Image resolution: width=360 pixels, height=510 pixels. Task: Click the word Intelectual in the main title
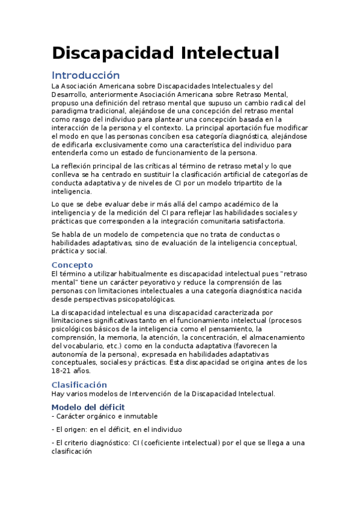click(x=230, y=53)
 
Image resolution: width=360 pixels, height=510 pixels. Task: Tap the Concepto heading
click(x=72, y=265)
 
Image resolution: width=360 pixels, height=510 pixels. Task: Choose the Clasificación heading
click(x=79, y=384)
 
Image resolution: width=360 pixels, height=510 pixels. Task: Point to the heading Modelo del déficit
click(x=88, y=407)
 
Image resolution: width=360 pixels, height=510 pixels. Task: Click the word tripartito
click(x=243, y=183)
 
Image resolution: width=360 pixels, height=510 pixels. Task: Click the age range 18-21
click(x=63, y=371)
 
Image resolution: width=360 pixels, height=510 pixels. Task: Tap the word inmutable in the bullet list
click(x=139, y=416)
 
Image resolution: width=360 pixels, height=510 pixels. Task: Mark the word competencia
click(x=149, y=235)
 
